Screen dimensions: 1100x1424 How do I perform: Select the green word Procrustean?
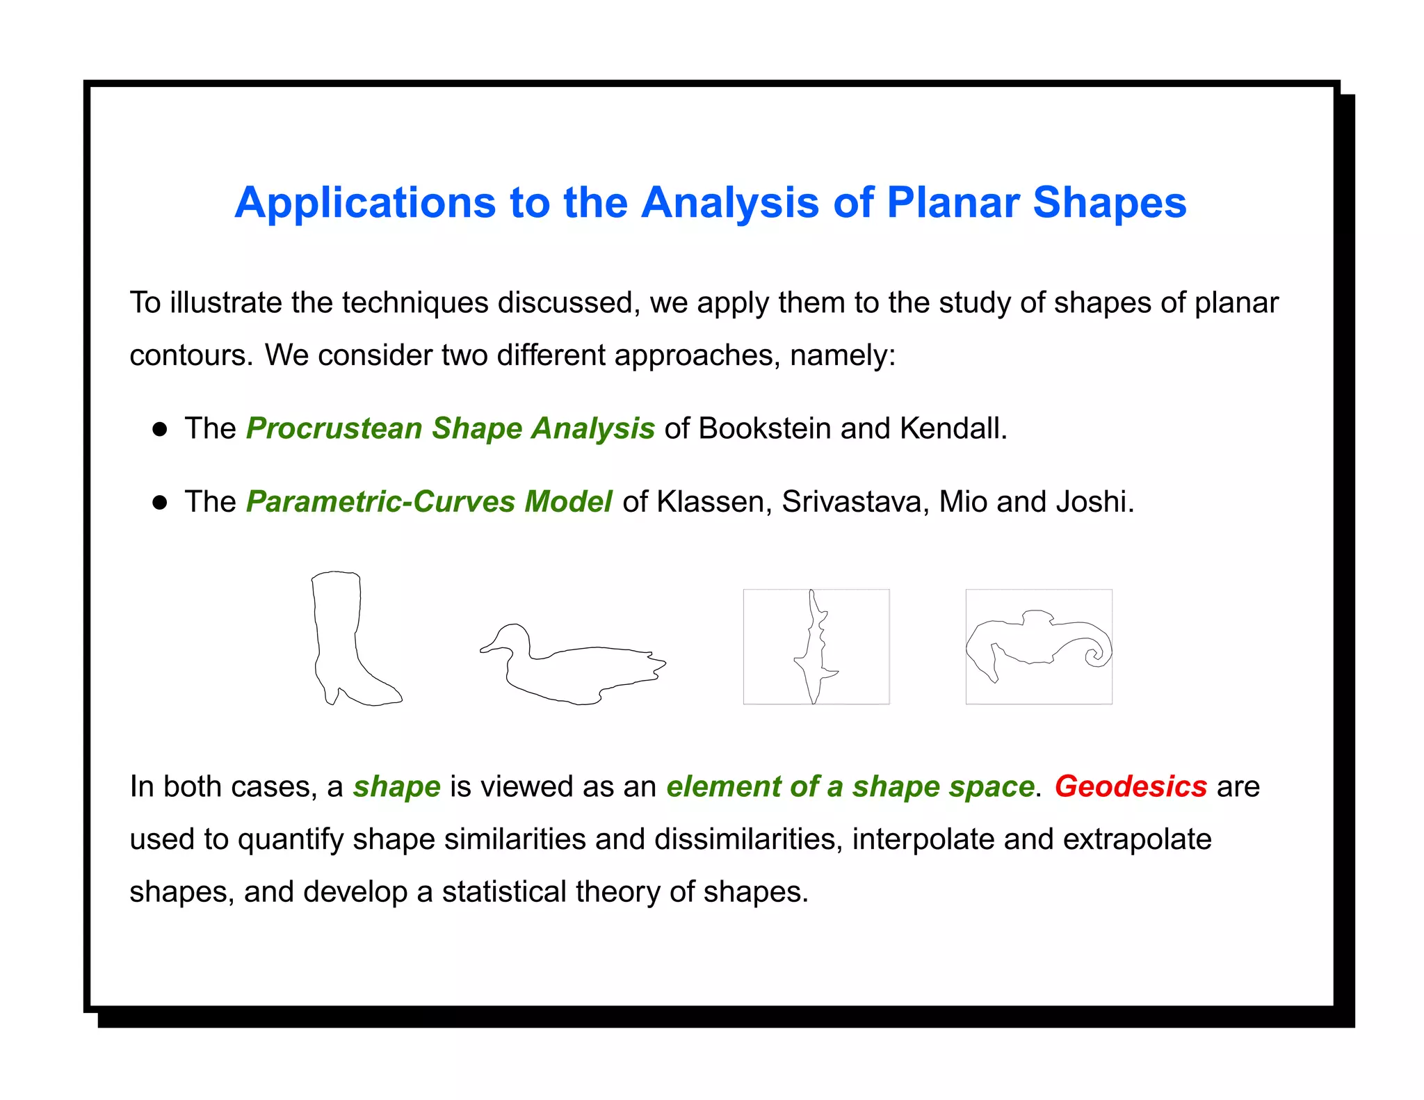pos(334,428)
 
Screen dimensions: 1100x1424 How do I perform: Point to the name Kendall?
pos(953,428)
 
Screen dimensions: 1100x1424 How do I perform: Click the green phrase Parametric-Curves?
pos(380,501)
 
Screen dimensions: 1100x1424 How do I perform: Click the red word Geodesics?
pos(1131,786)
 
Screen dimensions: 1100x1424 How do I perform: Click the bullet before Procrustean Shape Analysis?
pos(160,429)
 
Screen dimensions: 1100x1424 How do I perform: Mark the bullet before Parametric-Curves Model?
pos(160,502)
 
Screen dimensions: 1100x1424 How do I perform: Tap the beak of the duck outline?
pos(487,649)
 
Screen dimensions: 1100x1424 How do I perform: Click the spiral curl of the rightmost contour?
pos(1097,654)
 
